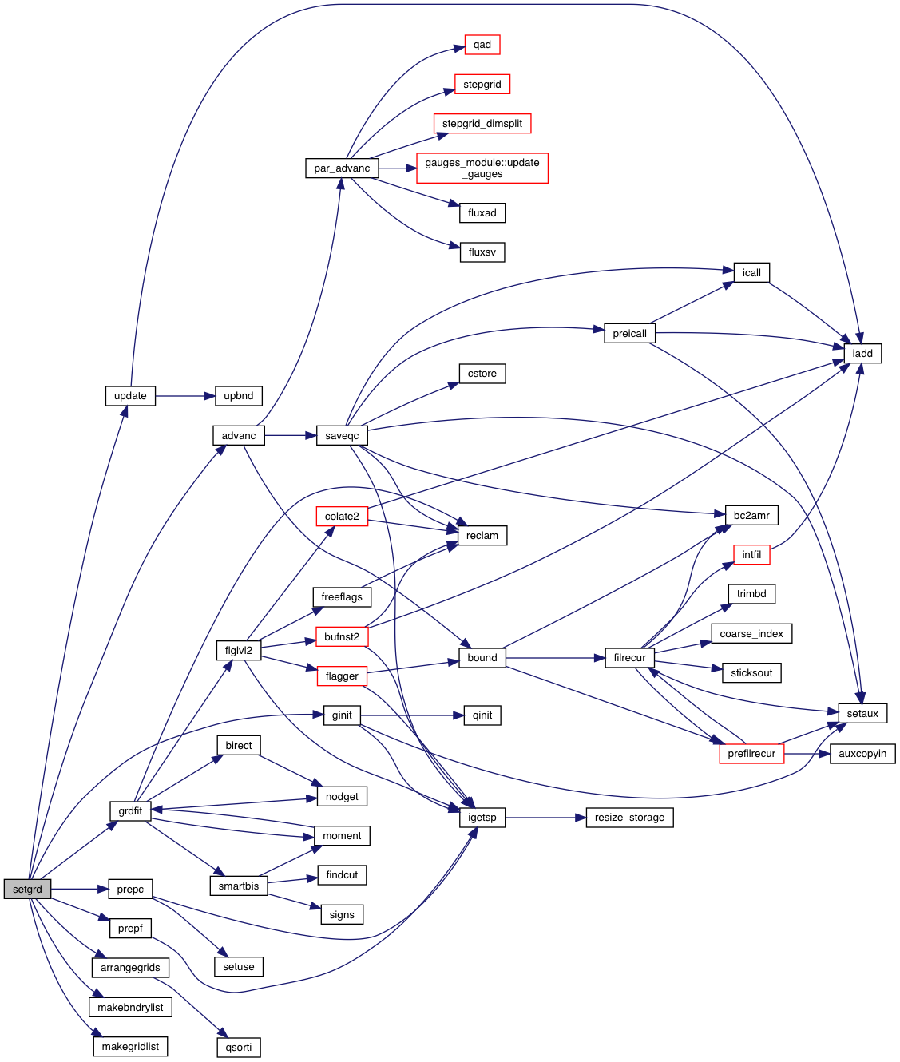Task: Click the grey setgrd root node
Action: [x=27, y=889]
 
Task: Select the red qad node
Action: [x=482, y=45]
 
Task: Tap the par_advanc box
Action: [x=342, y=168]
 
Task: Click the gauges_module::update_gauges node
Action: [x=482, y=168]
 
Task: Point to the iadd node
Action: [x=862, y=353]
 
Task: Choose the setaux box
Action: [x=862, y=713]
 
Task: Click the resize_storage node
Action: [x=629, y=818]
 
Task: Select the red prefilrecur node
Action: [x=751, y=753]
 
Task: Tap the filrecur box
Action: [x=629, y=658]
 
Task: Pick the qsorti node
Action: [x=239, y=1047]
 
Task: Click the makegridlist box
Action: [x=130, y=1046]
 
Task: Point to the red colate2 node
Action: [x=342, y=517]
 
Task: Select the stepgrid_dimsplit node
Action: [x=482, y=124]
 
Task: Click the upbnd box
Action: [x=239, y=396]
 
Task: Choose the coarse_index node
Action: [x=751, y=634]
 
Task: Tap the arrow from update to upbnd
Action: [x=185, y=396]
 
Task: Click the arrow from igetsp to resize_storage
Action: [x=545, y=818]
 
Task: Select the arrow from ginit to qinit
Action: [x=411, y=715]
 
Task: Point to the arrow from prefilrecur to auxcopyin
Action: [x=807, y=753]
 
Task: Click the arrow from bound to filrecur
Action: [x=555, y=658]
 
